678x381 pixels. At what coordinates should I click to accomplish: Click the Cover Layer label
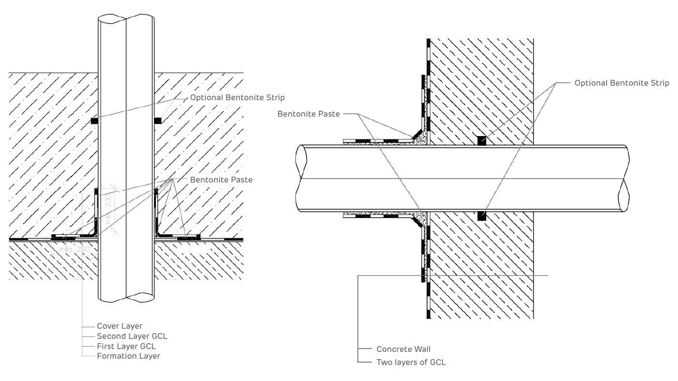[x=120, y=326]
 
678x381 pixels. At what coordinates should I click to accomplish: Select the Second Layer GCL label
[x=132, y=336]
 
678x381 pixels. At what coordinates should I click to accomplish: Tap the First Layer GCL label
[x=126, y=346]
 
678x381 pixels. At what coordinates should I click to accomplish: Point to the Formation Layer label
[x=128, y=356]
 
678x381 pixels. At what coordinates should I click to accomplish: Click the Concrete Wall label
[x=403, y=349]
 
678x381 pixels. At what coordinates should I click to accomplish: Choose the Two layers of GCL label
[x=411, y=362]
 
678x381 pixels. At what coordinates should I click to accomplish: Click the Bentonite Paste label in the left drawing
[x=221, y=180]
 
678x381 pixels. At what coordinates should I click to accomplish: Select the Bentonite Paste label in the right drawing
[x=308, y=114]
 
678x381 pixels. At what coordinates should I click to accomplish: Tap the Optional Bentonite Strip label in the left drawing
[x=237, y=97]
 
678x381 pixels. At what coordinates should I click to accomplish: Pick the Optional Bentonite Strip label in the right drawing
[x=622, y=83]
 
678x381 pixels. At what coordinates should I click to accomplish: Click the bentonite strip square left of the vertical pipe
[x=94, y=120]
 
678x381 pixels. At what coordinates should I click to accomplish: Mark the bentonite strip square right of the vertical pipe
[x=157, y=120]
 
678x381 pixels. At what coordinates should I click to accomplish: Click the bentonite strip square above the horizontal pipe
[x=481, y=141]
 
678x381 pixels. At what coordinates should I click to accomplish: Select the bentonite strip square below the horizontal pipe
[x=481, y=216]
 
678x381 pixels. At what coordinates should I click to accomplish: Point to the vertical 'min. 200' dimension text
[x=110, y=210]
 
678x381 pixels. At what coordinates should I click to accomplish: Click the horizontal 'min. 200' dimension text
[x=75, y=249]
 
